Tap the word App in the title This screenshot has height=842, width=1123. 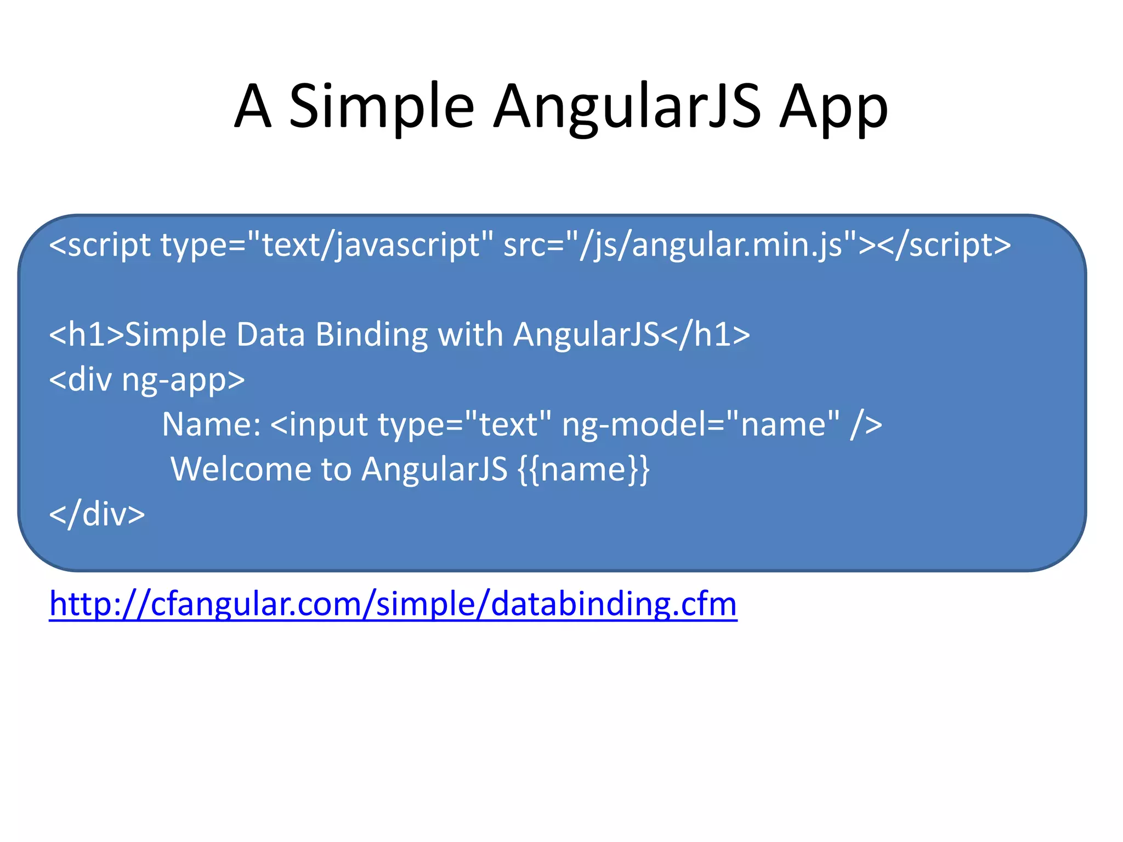pos(833,107)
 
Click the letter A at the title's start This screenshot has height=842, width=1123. pos(253,107)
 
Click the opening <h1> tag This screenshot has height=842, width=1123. pos(87,334)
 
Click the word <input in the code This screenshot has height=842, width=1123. pos(319,424)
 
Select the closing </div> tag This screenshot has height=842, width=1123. pos(97,514)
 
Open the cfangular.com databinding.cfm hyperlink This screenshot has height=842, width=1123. pos(393,604)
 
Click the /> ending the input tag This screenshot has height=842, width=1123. pos(866,424)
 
